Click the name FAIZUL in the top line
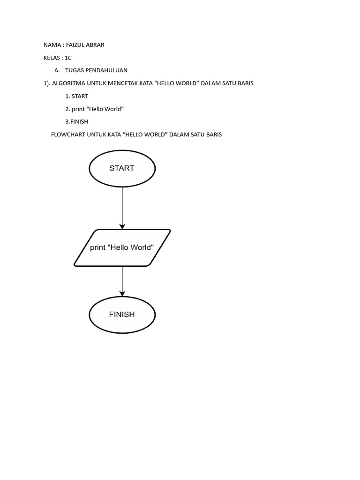point(75,45)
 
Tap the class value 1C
point(68,58)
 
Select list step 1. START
point(77,96)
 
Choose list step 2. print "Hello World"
point(94,109)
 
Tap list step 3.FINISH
point(77,121)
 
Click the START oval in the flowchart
point(122,168)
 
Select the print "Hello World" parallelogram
point(122,247)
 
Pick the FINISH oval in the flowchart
point(122,315)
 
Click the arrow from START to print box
point(122,206)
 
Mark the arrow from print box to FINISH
point(122,280)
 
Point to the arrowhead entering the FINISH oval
point(122,293)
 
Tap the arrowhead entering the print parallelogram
point(122,226)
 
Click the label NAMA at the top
point(52,45)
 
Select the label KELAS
point(52,58)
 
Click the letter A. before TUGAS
point(57,70)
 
